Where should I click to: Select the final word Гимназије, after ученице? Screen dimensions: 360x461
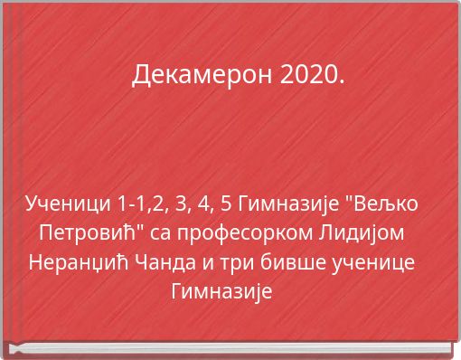221,293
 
